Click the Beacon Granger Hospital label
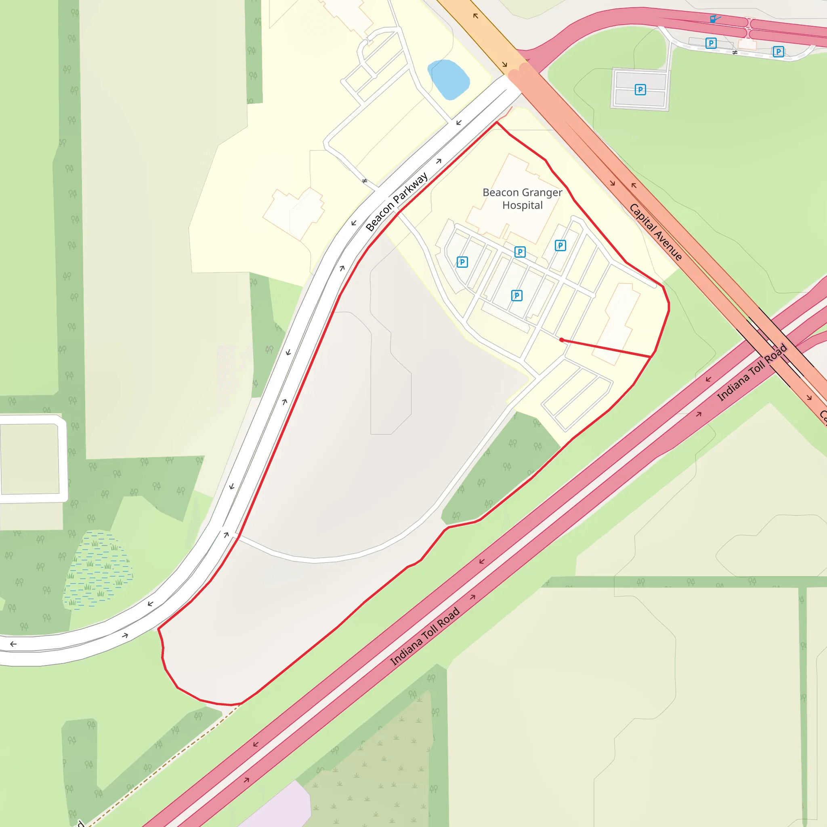(522, 199)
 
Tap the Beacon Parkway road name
(397, 202)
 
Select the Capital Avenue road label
(655, 232)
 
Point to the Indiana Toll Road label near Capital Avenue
(751, 372)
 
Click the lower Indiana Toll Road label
(425, 636)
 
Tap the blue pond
(448, 80)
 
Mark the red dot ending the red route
(562, 340)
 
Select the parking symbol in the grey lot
(640, 90)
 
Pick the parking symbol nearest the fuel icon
(711, 43)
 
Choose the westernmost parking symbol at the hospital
(462, 262)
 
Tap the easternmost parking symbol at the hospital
(560, 245)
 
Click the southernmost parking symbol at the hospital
(516, 295)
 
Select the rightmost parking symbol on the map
(778, 52)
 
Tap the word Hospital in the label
(522, 206)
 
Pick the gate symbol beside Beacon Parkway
(365, 181)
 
